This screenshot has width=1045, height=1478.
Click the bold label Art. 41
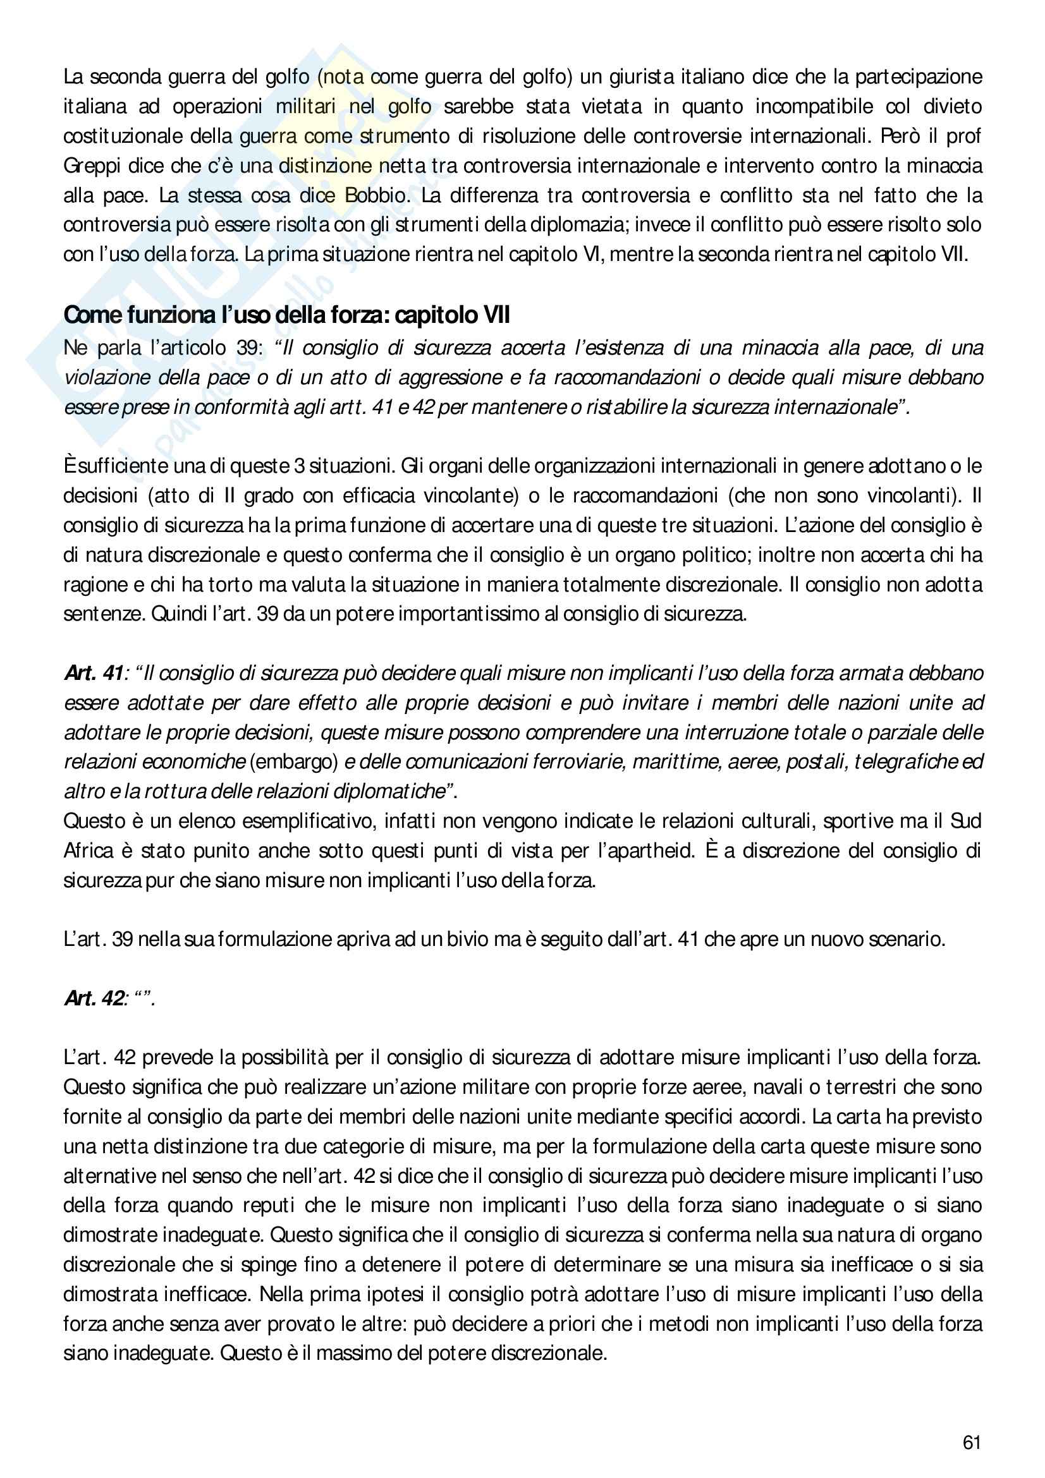94,674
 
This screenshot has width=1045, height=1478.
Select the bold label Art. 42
94,998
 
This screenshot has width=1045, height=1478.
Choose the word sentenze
104,614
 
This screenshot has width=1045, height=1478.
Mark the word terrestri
869,1087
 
